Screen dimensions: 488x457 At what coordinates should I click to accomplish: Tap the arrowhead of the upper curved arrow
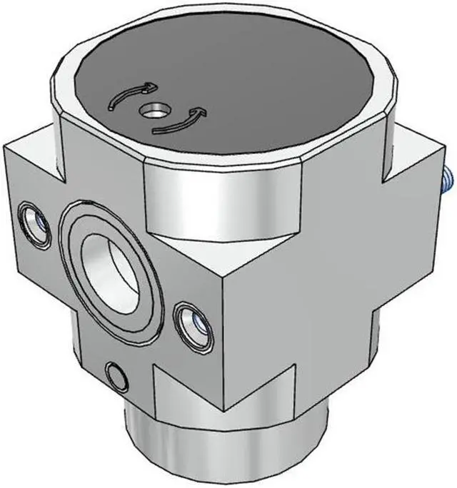click(x=149, y=87)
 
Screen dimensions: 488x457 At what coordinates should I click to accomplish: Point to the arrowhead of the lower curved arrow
click(x=200, y=112)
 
